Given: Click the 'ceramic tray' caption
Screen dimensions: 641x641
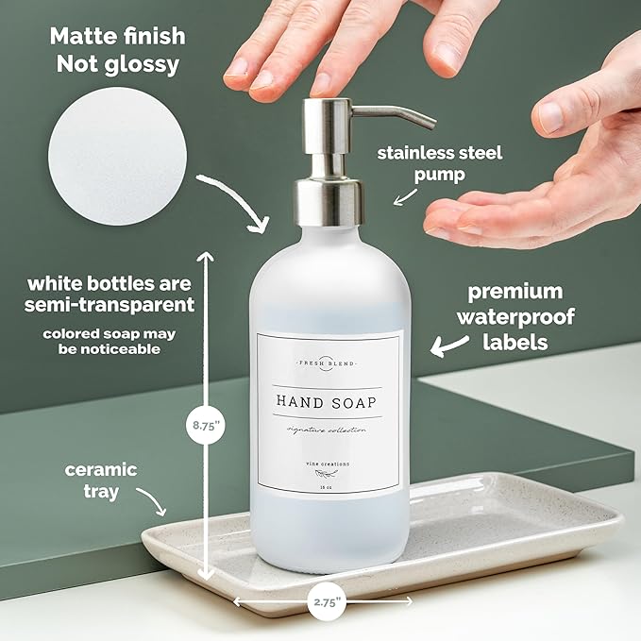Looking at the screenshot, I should pyautogui.click(x=101, y=481).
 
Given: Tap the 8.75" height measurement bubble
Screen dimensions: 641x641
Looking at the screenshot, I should pyautogui.click(x=204, y=426).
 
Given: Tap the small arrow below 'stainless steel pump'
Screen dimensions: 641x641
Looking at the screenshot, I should pyautogui.click(x=406, y=195).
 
